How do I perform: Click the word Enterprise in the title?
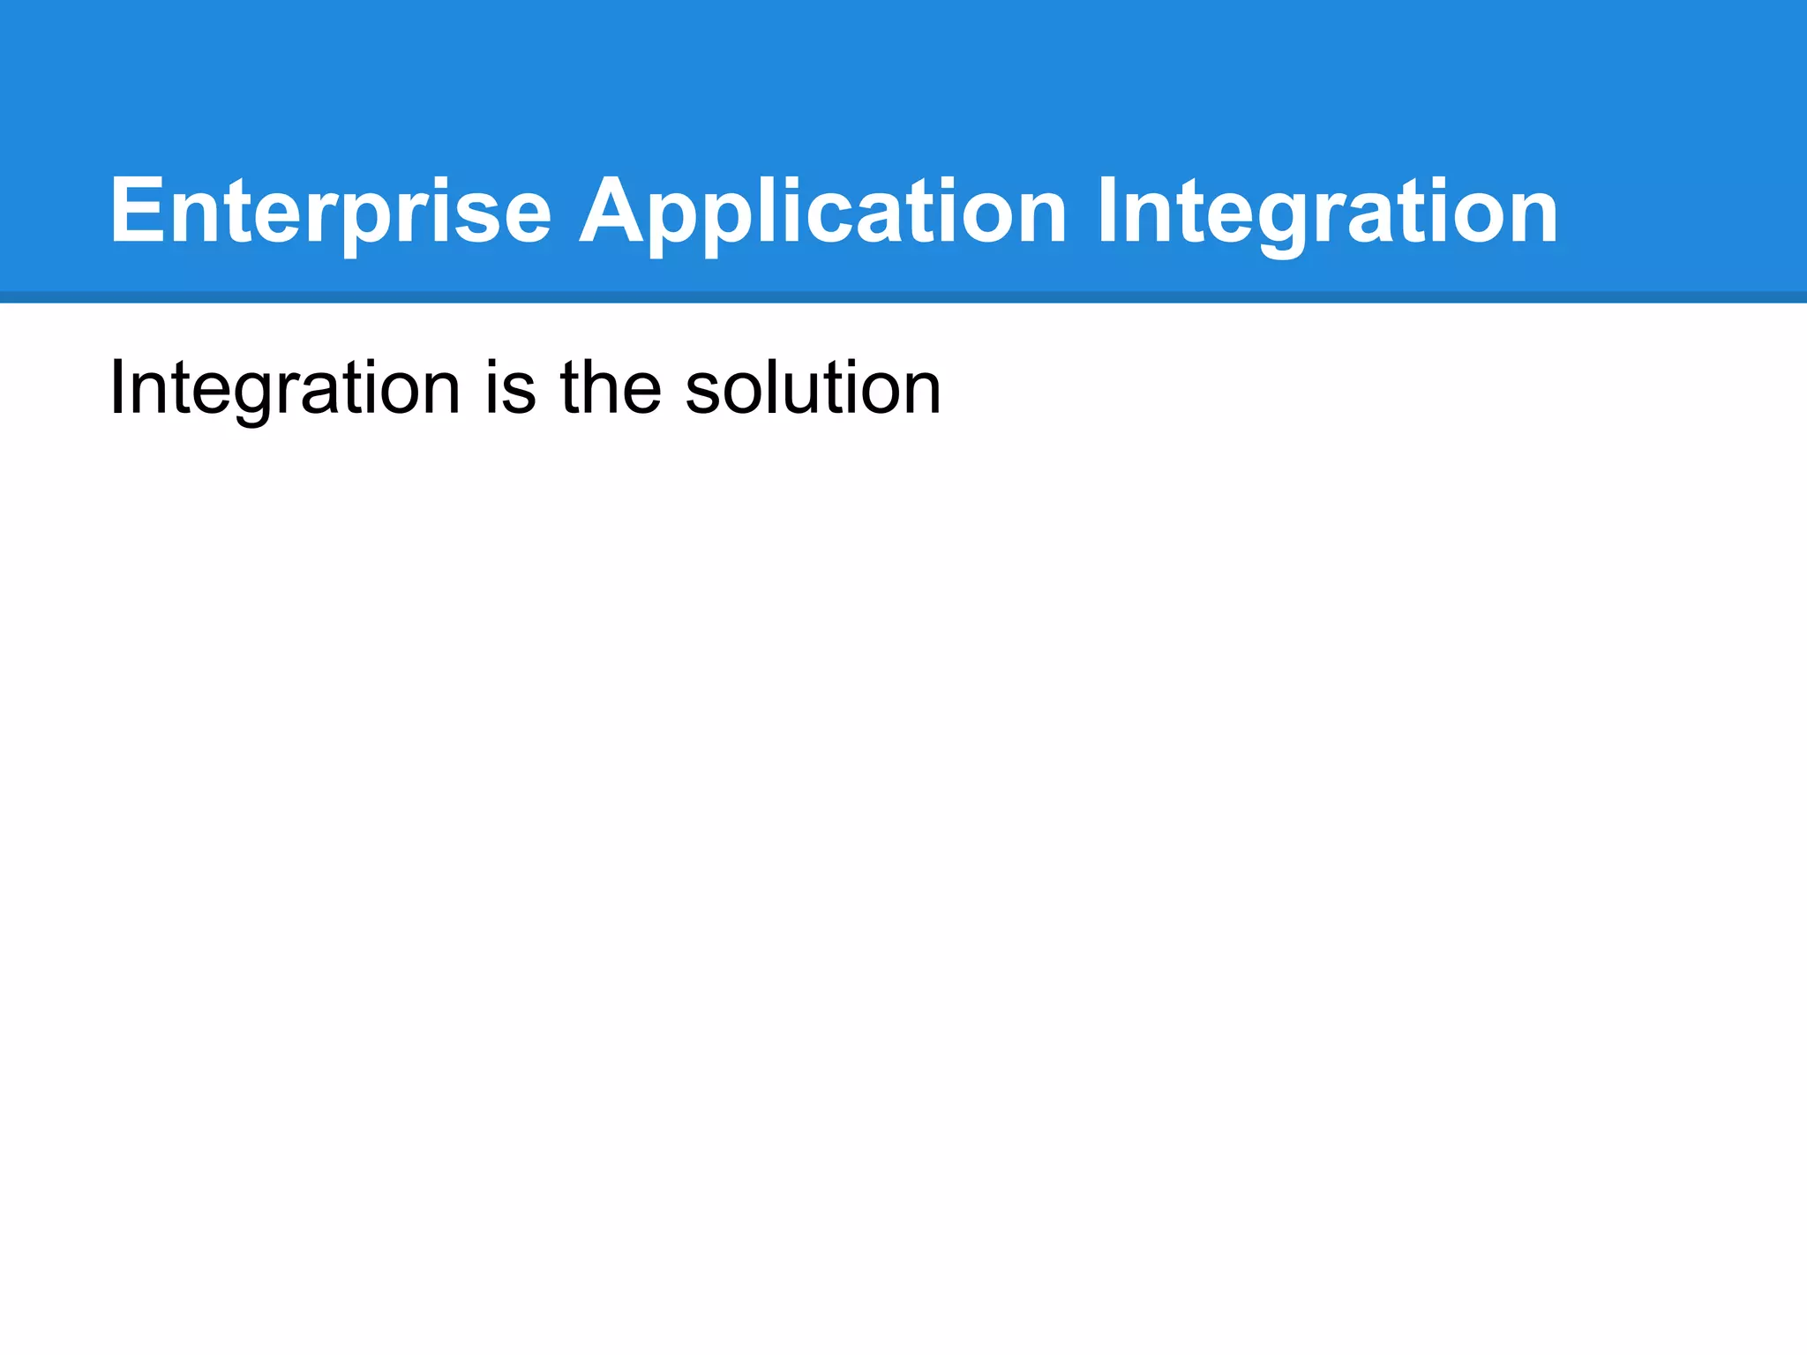tap(330, 212)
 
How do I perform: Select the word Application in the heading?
tap(822, 212)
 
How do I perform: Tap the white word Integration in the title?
tap(1327, 212)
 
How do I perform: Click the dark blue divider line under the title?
tap(903, 297)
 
